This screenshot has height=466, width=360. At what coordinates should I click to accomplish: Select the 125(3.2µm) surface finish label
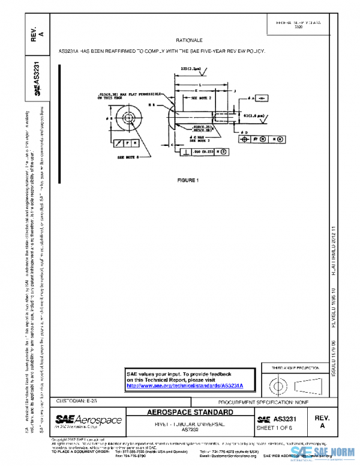[191, 69]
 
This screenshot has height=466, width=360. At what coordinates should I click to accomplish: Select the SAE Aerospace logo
[88, 421]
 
